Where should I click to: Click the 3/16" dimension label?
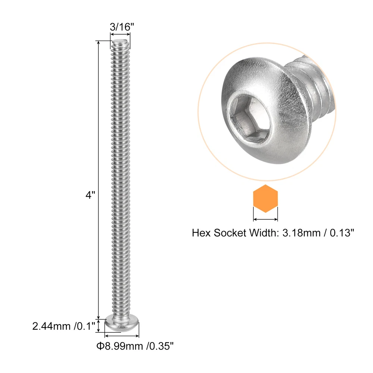pos(122,27)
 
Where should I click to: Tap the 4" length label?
pos(90,195)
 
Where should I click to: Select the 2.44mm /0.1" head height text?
pos(64,326)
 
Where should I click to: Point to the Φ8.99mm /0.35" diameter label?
pos(135,346)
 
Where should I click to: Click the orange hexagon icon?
pos(265,198)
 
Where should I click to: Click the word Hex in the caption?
pos(201,233)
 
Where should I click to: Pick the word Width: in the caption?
pos(264,233)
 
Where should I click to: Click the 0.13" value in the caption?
pos(342,233)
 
